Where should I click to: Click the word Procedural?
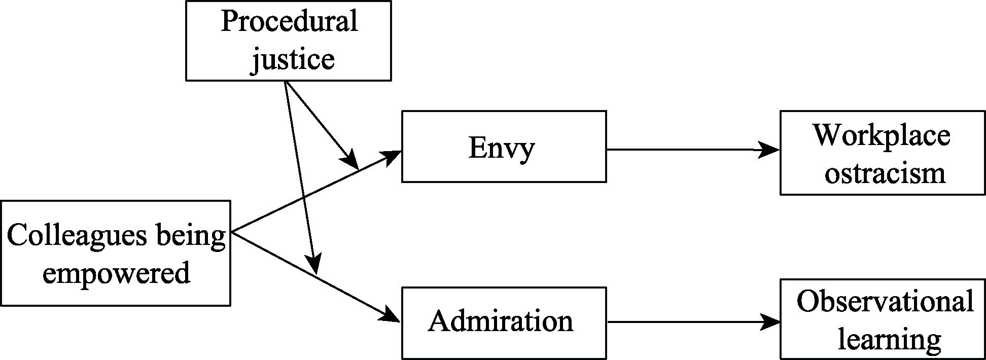click(x=289, y=22)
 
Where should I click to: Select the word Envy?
click(x=501, y=148)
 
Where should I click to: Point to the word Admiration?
click(x=501, y=321)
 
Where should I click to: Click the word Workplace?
click(x=882, y=135)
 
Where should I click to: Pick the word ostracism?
click(x=885, y=173)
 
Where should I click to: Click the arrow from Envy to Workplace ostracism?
click(x=685, y=150)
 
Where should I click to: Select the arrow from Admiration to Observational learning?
click(x=685, y=321)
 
